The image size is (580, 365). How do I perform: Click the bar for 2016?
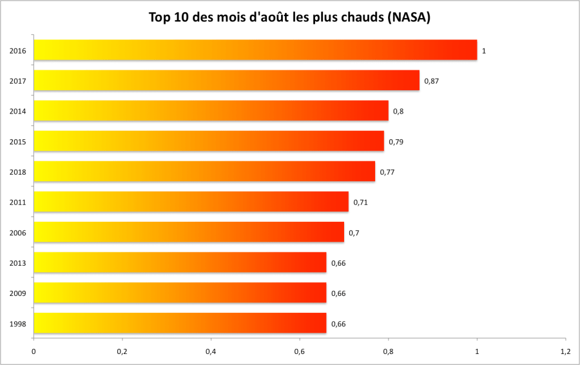click(x=255, y=50)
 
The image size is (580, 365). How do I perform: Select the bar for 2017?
click(x=226, y=81)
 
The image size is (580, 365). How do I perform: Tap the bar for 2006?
click(x=189, y=232)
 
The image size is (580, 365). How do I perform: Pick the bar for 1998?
click(x=180, y=323)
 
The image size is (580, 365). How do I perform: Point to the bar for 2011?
click(x=191, y=202)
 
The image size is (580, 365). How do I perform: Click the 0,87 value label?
click(x=431, y=81)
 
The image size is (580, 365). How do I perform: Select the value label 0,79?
click(x=396, y=141)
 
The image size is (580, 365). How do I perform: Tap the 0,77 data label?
click(x=387, y=172)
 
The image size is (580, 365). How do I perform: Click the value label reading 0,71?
click(x=360, y=202)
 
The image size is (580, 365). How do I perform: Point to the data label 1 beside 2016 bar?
click(x=484, y=50)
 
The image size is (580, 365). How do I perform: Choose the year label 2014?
click(x=18, y=112)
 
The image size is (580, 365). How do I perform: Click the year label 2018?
click(x=18, y=172)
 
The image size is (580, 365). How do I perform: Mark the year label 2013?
click(x=18, y=263)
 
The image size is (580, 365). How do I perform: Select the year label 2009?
click(x=18, y=293)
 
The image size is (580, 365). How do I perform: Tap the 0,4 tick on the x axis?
click(x=211, y=351)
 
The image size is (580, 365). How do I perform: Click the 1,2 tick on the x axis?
click(x=565, y=351)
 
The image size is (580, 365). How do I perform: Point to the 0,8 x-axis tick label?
click(x=388, y=351)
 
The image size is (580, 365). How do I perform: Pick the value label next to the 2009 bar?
click(x=338, y=293)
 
